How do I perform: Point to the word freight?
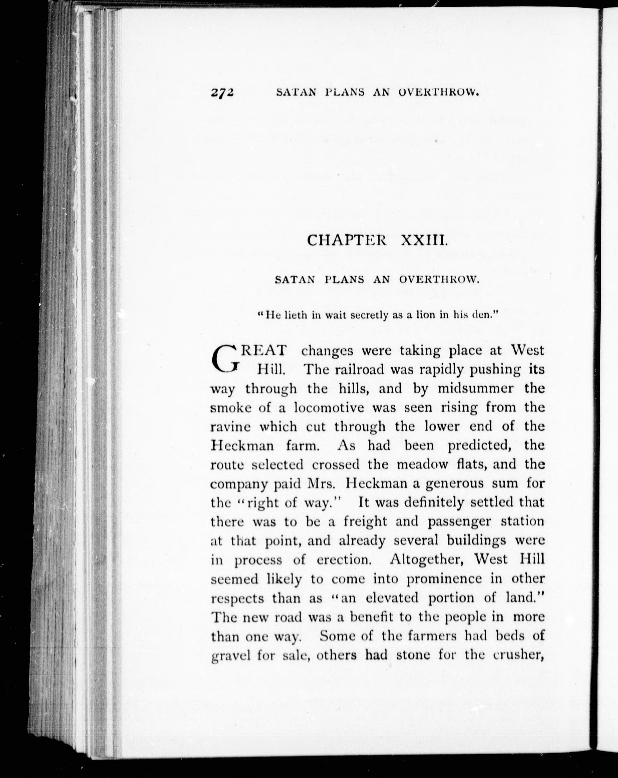pos(365,522)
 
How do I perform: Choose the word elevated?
pos(393,598)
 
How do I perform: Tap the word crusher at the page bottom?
pos(519,655)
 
